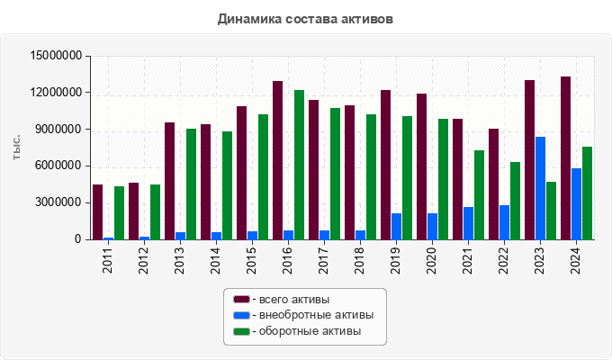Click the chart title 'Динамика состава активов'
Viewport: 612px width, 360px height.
coord(306,18)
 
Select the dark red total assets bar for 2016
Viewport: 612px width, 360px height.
coord(277,160)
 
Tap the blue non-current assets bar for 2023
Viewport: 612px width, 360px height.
coord(540,188)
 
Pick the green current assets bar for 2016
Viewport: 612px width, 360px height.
coord(299,165)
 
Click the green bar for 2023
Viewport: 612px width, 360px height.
coord(551,211)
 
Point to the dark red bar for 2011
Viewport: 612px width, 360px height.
coord(97,212)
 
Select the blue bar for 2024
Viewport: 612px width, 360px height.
coord(576,204)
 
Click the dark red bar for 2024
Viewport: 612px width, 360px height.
coord(565,158)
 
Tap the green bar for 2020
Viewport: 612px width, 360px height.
coord(443,179)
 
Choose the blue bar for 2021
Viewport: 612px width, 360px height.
coord(468,223)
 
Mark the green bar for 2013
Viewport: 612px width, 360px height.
coord(191,184)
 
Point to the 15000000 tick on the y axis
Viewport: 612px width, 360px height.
coord(57,56)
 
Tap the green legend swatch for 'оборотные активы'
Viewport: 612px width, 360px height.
coord(241,331)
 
